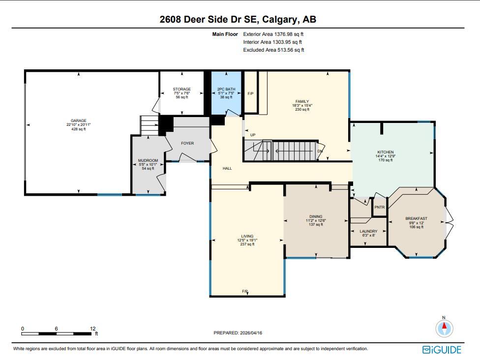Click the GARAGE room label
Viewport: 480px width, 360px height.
pyautogui.click(x=78, y=120)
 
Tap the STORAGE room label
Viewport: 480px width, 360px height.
pyautogui.click(x=182, y=89)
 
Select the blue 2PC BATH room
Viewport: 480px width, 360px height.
pyautogui.click(x=226, y=93)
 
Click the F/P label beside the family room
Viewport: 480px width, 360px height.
pyautogui.click(x=250, y=93)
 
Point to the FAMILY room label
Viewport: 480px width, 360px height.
pyautogui.click(x=302, y=101)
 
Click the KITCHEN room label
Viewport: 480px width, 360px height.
pyautogui.click(x=386, y=152)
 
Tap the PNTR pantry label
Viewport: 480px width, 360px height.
pyautogui.click(x=380, y=207)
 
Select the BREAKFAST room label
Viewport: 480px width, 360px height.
pyautogui.click(x=417, y=218)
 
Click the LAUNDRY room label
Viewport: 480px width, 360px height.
pyautogui.click(x=368, y=232)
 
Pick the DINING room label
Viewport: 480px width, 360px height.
pyautogui.click(x=316, y=216)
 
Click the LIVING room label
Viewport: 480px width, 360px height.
pyautogui.click(x=247, y=237)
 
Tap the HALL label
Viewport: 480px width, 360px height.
pyautogui.click(x=227, y=168)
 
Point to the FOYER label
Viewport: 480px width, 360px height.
pyautogui.click(x=187, y=143)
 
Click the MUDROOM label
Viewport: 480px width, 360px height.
pyautogui.click(x=148, y=160)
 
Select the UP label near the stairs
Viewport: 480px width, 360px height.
pyautogui.click(x=253, y=135)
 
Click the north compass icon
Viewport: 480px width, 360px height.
pyautogui.click(x=444, y=328)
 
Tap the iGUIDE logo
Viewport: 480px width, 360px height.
pyautogui.click(x=442, y=350)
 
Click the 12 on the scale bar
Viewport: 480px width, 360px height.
pyautogui.click(x=93, y=329)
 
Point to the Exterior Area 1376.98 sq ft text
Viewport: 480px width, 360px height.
pyautogui.click(x=273, y=34)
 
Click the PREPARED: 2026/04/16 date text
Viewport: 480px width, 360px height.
pyautogui.click(x=238, y=333)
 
